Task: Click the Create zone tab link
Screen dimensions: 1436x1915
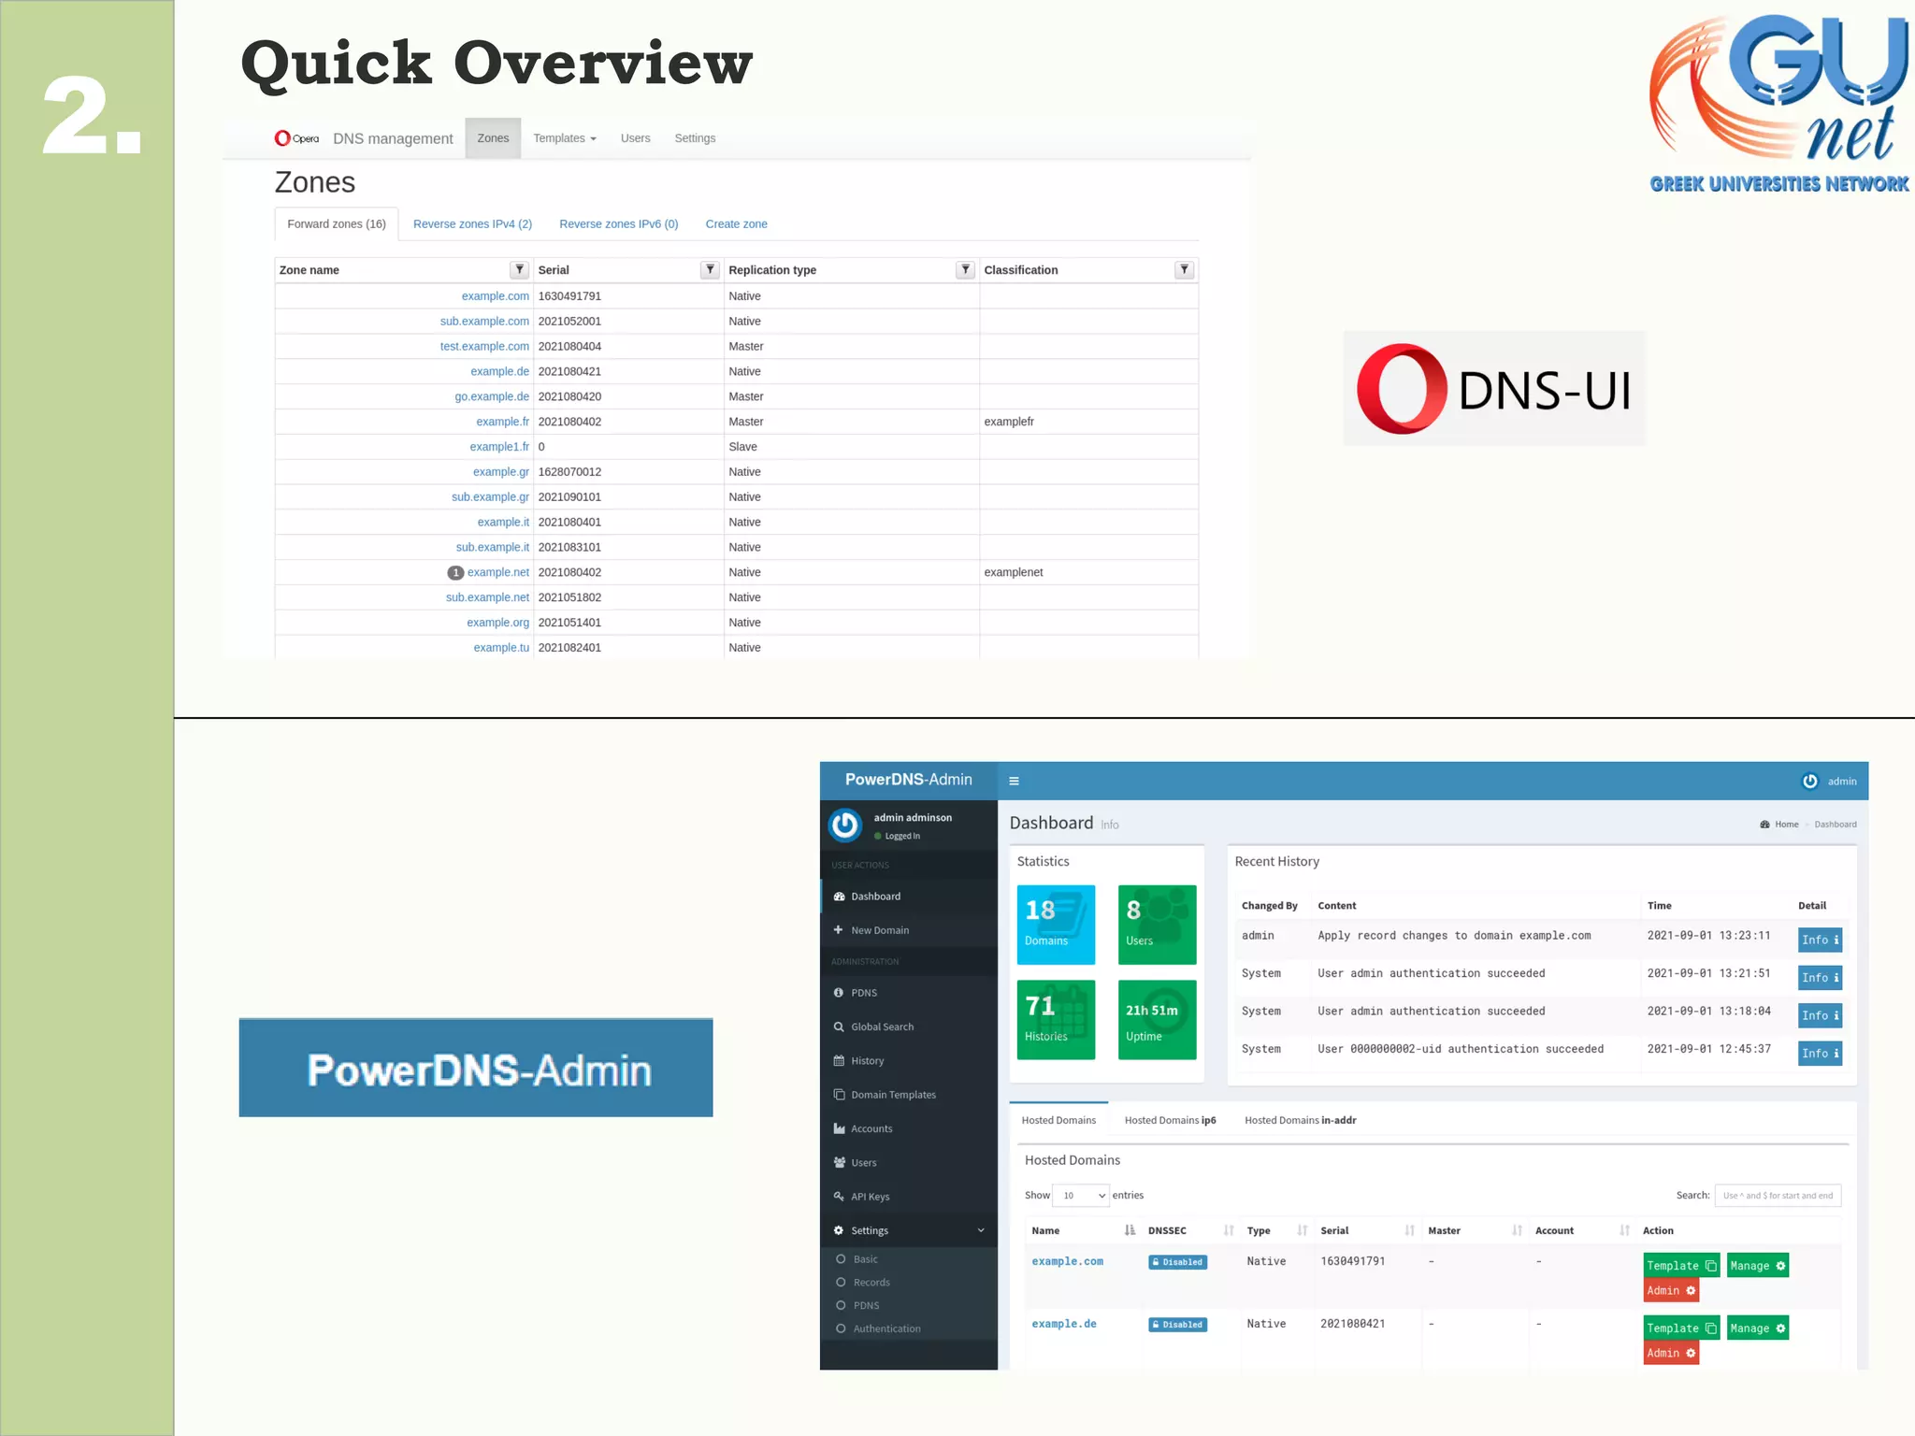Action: (736, 224)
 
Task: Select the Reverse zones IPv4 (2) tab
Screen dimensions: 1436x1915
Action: (472, 224)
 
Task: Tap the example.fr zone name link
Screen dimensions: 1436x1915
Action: (502, 422)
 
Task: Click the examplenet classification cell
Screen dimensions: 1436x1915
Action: (1013, 572)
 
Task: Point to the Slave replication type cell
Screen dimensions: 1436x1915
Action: (743, 447)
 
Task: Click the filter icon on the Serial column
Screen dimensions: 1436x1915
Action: (710, 270)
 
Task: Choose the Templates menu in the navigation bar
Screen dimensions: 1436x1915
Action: (564, 138)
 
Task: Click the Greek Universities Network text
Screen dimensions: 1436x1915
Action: (1778, 184)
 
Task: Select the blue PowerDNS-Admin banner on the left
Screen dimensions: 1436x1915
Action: (476, 1069)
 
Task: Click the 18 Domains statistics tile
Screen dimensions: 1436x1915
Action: (1056, 924)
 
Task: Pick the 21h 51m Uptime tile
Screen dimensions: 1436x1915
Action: (1157, 1019)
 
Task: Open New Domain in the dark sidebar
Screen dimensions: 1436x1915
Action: (879, 930)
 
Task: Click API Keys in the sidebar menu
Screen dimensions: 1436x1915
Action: (870, 1197)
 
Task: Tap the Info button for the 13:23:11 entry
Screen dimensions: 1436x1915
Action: (1819, 940)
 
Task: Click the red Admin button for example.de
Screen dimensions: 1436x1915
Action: (1670, 1353)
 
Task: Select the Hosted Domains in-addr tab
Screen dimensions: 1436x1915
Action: (1300, 1120)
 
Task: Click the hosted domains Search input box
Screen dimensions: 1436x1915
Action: (1778, 1196)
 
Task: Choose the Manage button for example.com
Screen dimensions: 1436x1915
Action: (1757, 1266)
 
